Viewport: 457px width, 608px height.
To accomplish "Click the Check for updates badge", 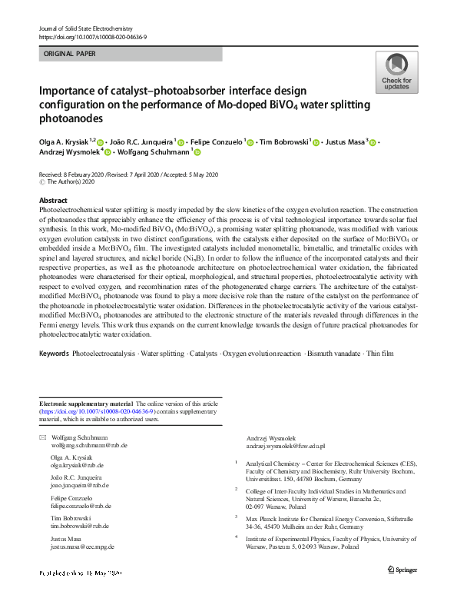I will click(396, 74).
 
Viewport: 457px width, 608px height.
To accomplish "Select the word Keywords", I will click(53, 354).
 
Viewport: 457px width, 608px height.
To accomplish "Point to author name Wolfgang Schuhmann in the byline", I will click(158, 152).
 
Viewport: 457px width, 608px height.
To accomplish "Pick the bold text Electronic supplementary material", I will click(86, 404).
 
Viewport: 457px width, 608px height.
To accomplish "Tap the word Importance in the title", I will click(69, 91).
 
